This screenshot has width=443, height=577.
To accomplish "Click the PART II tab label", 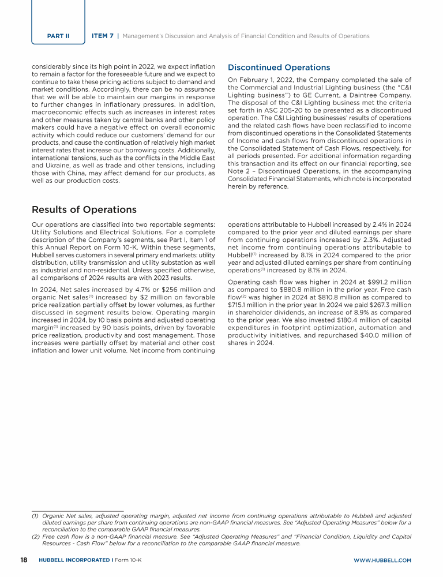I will click(58, 36).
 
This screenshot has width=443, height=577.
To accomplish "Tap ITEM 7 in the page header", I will click(103, 36).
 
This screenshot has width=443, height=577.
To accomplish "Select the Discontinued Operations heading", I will click(279, 68).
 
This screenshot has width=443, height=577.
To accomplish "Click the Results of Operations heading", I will click(84, 209).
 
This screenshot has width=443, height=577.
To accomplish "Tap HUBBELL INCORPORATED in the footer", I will click(72, 560).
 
